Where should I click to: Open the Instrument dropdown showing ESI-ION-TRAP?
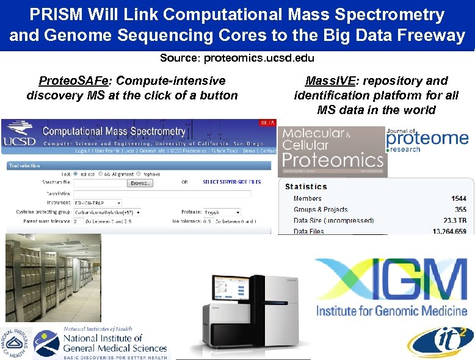97,203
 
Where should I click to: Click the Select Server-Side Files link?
231,182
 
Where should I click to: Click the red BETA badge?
267,123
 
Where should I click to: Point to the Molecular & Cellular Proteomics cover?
332,151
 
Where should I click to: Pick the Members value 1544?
459,198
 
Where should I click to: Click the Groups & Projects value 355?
461,209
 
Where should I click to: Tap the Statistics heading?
306,187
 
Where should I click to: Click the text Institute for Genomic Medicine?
391,311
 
